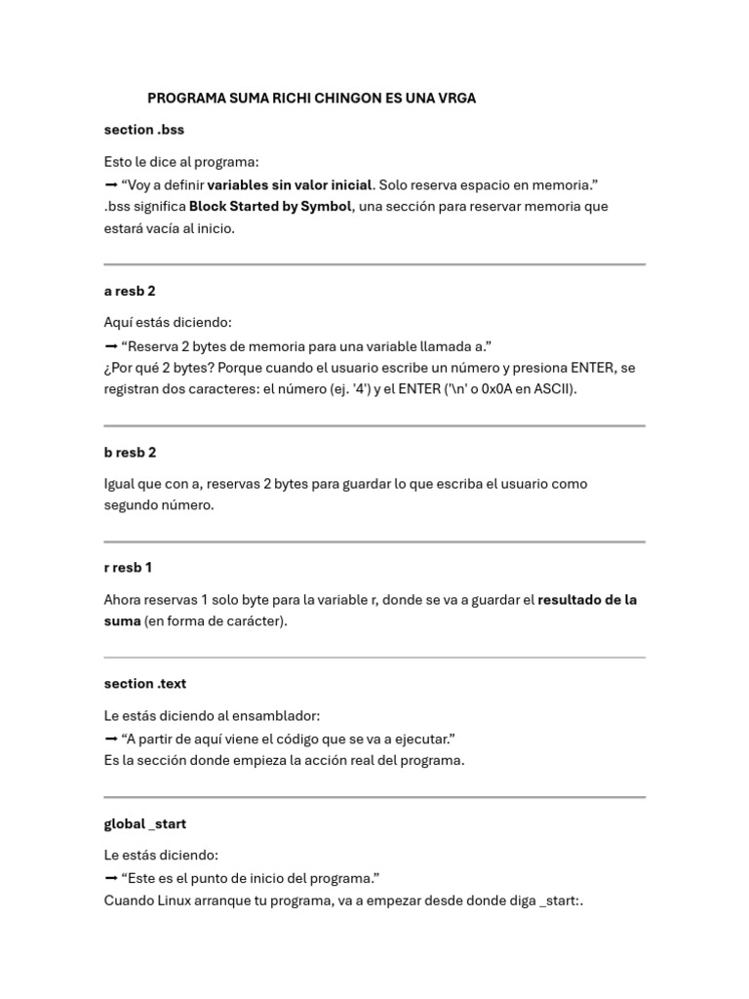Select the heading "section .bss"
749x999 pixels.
144,130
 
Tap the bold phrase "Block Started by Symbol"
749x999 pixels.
270,207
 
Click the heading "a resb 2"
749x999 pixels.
130,291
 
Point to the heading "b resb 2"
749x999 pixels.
130,453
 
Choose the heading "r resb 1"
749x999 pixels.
128,568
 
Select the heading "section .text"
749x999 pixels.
145,684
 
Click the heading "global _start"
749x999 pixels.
145,824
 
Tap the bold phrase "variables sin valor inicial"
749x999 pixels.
290,184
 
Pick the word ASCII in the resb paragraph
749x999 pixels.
553,389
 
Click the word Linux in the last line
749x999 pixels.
181,900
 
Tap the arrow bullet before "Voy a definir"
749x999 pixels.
110,184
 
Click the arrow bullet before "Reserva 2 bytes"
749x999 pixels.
110,346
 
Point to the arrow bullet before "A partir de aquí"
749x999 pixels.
110,739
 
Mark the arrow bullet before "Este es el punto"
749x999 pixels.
110,878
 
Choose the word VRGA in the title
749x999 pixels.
453,99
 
